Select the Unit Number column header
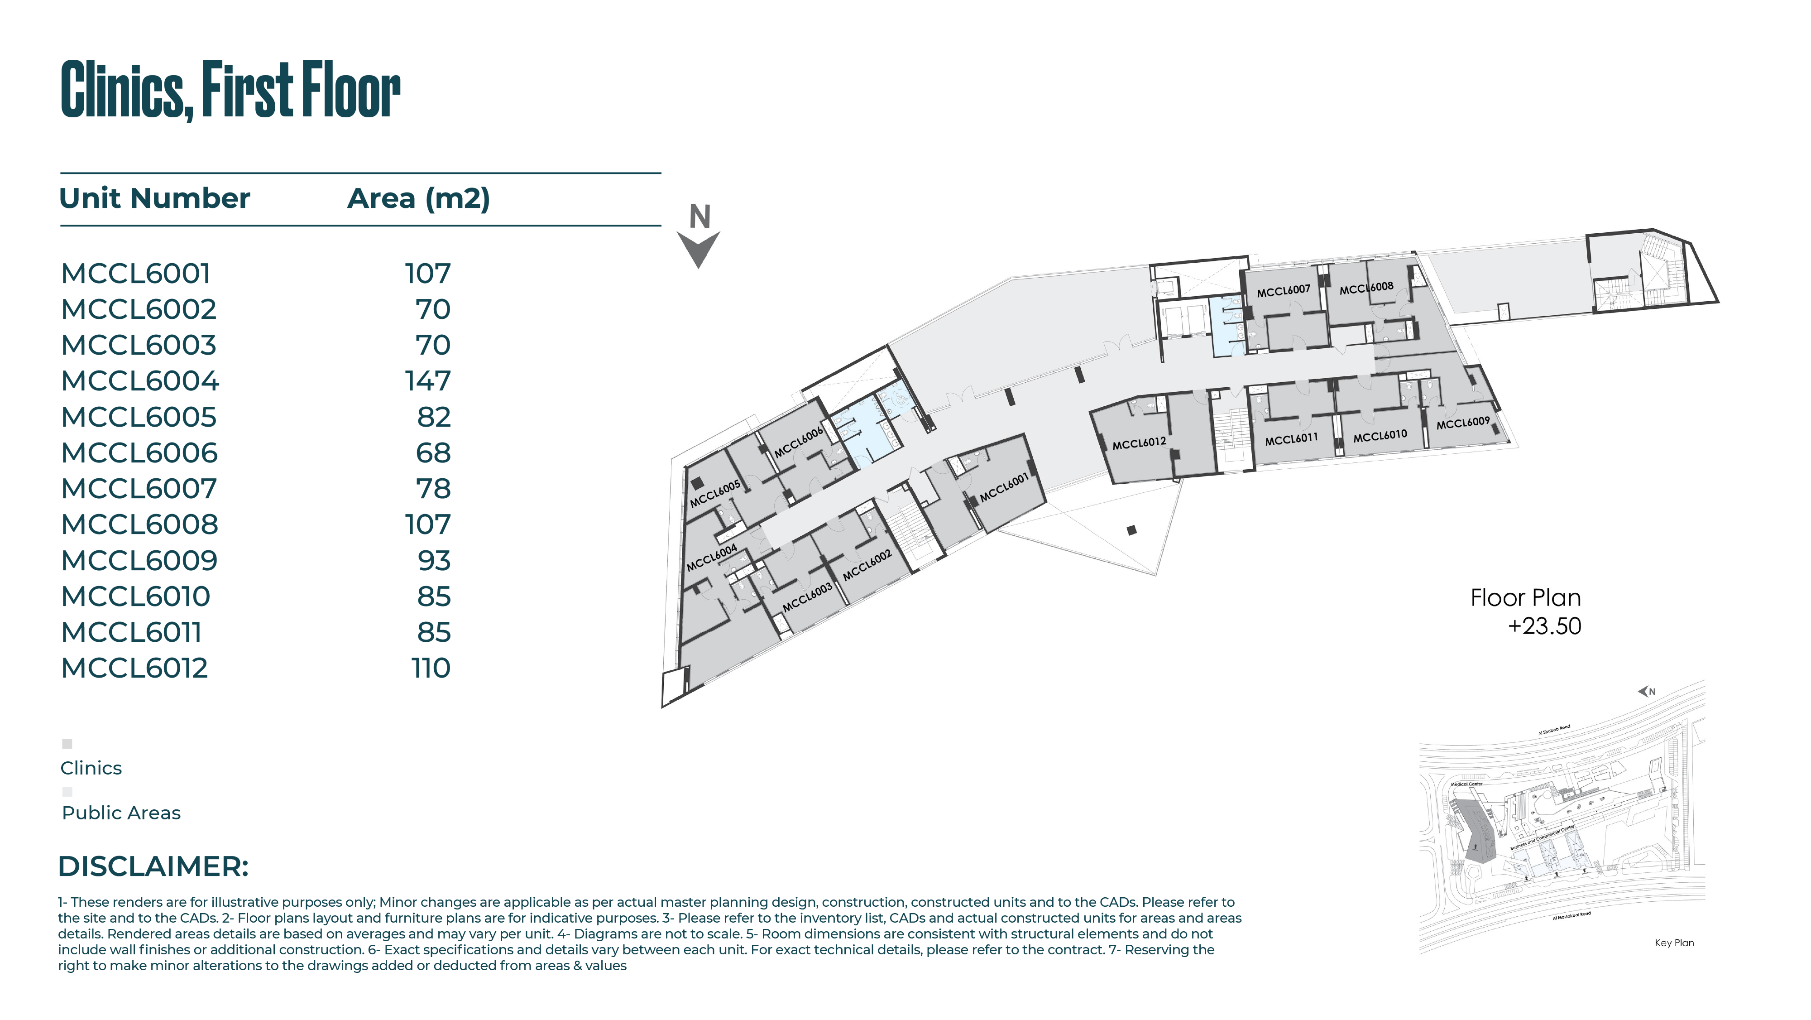[x=155, y=198]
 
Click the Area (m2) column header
[x=418, y=198]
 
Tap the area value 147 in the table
[x=427, y=381]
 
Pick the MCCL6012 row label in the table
[x=134, y=668]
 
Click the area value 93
[x=434, y=561]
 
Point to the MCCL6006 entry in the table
[x=139, y=453]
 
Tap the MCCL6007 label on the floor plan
[x=1283, y=290]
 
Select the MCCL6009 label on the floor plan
[x=1463, y=423]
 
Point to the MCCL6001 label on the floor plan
[x=1004, y=487]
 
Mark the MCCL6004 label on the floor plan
[x=711, y=557]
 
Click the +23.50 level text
[x=1544, y=626]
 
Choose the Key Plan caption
[x=1674, y=943]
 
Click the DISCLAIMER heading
[x=153, y=866]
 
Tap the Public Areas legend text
[x=121, y=813]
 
